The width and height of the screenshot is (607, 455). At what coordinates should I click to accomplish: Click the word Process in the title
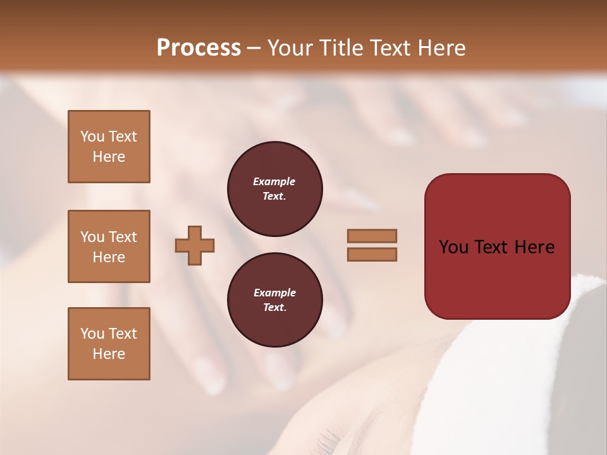pyautogui.click(x=199, y=48)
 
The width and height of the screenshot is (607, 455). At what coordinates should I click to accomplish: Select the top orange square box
pyautogui.click(x=109, y=147)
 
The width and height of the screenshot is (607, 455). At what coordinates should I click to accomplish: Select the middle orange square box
pyautogui.click(x=109, y=246)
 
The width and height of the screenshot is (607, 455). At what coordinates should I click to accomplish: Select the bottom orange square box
pyautogui.click(x=109, y=344)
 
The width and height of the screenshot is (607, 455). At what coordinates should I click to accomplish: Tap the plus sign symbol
pyautogui.click(x=195, y=245)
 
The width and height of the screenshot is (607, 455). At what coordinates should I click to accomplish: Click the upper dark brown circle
pyautogui.click(x=274, y=189)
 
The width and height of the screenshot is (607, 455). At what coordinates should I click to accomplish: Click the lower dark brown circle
pyautogui.click(x=274, y=300)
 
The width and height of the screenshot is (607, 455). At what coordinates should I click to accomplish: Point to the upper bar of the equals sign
pyautogui.click(x=372, y=236)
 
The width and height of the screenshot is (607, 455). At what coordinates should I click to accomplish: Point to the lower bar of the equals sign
pyautogui.click(x=372, y=254)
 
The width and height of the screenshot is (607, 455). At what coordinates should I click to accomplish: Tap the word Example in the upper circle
pyautogui.click(x=274, y=181)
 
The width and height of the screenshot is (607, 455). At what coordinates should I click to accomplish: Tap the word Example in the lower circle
pyautogui.click(x=274, y=293)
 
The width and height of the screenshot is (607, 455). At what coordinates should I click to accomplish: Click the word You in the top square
pyautogui.click(x=92, y=136)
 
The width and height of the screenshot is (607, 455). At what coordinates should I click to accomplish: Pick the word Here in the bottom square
pyautogui.click(x=109, y=354)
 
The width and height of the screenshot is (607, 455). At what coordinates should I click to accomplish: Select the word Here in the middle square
pyautogui.click(x=109, y=257)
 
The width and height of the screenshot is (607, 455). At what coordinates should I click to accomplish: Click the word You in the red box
pyautogui.click(x=453, y=247)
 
